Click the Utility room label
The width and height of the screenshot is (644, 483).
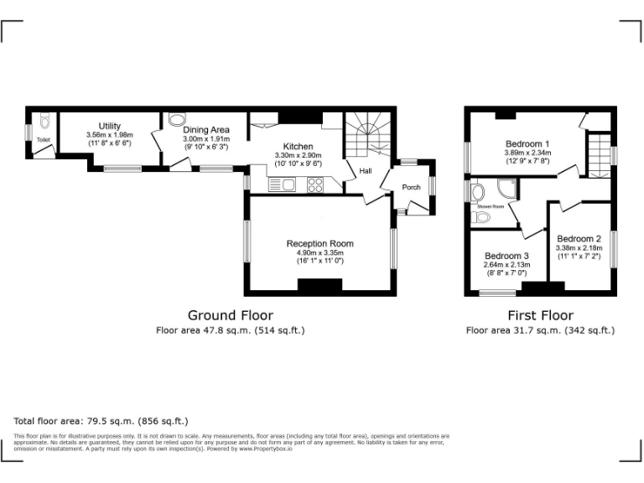109,126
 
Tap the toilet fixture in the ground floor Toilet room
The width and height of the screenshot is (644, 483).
44,120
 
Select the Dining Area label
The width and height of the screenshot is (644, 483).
206,129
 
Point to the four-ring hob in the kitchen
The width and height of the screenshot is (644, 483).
316,186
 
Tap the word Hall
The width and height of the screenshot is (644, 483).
366,171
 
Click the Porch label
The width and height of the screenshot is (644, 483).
411,187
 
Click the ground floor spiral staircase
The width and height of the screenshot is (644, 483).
366,136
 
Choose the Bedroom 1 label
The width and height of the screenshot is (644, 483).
527,143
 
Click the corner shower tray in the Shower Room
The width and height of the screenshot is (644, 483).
506,190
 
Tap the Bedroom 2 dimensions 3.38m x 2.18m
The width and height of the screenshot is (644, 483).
579,248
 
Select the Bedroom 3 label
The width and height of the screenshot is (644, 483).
506,256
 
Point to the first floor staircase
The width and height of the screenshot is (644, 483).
598,154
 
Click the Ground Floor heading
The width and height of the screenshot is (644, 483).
230,315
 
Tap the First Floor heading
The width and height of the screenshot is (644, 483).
540,315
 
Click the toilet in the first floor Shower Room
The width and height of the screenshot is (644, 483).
481,217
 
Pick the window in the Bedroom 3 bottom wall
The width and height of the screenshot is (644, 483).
497,293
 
